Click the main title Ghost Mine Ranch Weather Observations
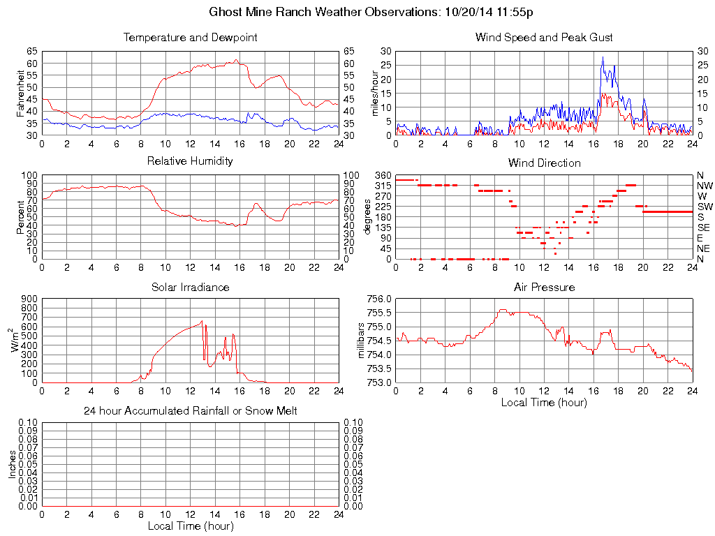click(x=372, y=12)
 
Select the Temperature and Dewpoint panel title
click(x=190, y=37)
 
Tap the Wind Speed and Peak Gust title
click(x=544, y=37)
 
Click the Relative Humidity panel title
click(x=190, y=161)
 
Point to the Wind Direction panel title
click(x=544, y=163)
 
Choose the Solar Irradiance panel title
click(x=190, y=287)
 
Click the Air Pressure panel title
click(x=544, y=287)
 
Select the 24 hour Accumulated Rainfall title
click(x=190, y=411)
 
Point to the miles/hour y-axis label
click(x=374, y=93)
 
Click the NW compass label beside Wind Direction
click(x=705, y=186)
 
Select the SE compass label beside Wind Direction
click(x=704, y=228)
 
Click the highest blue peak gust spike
click(x=603, y=58)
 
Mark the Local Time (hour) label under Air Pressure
click(x=544, y=402)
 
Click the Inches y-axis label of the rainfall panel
click(x=12, y=464)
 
